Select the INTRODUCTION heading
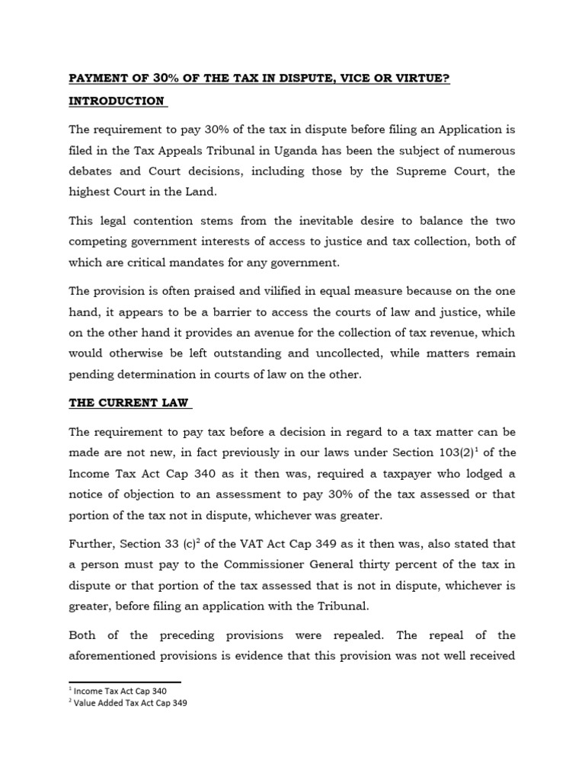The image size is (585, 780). click(x=117, y=101)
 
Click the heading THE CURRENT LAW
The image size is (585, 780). click(x=127, y=402)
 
